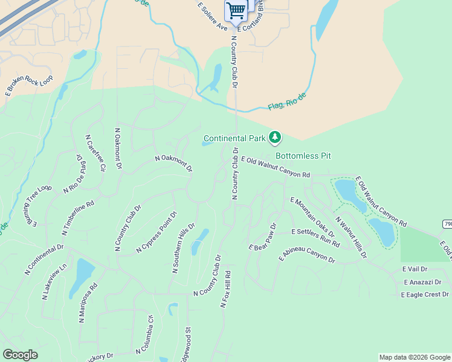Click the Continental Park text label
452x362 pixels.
coord(234,138)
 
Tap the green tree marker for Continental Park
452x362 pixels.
coord(276,138)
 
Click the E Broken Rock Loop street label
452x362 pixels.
coord(29,86)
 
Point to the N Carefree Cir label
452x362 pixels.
coord(95,153)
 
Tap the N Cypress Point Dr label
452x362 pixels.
coord(157,232)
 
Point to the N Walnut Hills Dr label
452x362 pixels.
coord(350,237)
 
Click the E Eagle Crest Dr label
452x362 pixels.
coord(425,294)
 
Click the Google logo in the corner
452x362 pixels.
coord(21,355)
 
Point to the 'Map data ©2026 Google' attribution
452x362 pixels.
coord(415,357)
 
